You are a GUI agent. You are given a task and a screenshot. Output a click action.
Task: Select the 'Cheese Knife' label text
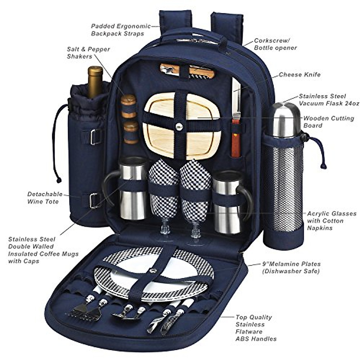click(x=299, y=75)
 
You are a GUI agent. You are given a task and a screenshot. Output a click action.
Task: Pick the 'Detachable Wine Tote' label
click(x=45, y=198)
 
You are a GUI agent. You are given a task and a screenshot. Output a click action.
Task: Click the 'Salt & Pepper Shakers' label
click(x=88, y=52)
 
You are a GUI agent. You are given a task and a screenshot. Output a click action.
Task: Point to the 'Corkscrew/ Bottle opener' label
click(x=275, y=44)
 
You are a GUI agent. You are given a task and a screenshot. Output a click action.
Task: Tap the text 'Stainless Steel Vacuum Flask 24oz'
click(x=328, y=100)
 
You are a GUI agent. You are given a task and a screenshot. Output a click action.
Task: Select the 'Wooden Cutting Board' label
click(x=328, y=122)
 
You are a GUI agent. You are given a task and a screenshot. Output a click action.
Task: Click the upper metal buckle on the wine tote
click(x=95, y=137)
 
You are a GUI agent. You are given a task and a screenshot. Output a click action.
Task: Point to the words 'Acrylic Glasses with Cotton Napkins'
click(x=331, y=221)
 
